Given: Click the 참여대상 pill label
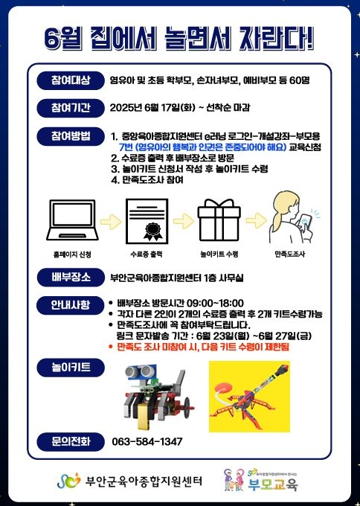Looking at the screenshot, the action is pos(71,80).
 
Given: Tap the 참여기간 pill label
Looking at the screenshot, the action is pos(71,108).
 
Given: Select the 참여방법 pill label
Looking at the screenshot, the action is pos(71,136).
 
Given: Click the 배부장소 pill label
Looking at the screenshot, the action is pos(71,278).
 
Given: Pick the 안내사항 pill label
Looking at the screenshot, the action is pos(71,305).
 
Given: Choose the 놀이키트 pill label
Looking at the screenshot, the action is pos(71,368).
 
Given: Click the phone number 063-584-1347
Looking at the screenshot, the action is pos(147,441).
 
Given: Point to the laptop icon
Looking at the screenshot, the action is pos(72,220).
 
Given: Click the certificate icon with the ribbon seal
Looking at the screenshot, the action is pos(147,221).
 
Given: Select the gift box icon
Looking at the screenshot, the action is pos(219,220).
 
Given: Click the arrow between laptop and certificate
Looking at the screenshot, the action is pos(111,222).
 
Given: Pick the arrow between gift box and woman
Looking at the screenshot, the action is pos(256,221).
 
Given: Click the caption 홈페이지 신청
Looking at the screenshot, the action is pos(72,254).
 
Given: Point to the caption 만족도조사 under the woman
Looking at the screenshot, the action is pos(289,254).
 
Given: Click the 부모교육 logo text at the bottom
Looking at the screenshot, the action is pos(273,484).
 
